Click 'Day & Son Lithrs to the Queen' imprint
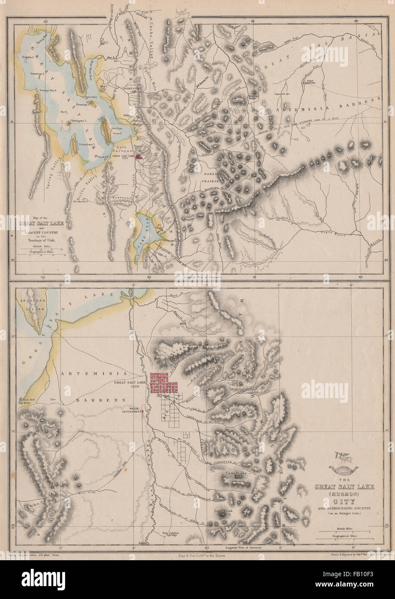click(198, 556)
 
